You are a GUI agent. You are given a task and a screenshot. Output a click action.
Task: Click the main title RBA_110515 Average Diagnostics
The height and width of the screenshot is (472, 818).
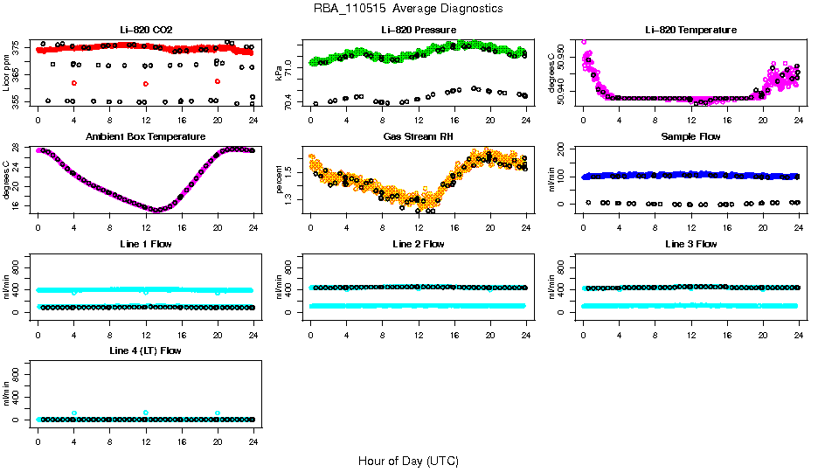[x=408, y=9]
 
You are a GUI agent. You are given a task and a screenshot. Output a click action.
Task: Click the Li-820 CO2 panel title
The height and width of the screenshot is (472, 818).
[x=145, y=30]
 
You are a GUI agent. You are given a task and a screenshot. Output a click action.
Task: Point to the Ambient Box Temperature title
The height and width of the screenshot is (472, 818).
[x=145, y=137]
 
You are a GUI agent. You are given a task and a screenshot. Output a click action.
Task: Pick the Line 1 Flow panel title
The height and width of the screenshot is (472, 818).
[x=145, y=244]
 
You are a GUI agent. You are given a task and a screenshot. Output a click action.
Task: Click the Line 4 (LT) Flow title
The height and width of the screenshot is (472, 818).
[x=145, y=351]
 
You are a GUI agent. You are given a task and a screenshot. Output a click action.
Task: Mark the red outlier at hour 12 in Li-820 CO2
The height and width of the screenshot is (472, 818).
[x=146, y=83]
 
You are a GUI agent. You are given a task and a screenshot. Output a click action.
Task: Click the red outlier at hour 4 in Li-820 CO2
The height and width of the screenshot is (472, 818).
[x=74, y=83]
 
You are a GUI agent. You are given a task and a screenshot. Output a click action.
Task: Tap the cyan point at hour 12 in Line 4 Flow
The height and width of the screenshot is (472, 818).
[x=146, y=413]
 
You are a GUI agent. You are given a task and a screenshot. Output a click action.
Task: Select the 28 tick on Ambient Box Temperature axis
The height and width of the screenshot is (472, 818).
[x=19, y=151]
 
